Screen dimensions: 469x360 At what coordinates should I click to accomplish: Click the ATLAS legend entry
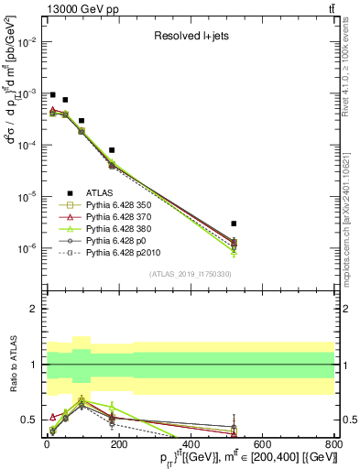[98, 192]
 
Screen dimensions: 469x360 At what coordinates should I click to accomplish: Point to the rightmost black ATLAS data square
[235, 224]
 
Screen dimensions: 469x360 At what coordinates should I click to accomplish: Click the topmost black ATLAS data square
[53, 94]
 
